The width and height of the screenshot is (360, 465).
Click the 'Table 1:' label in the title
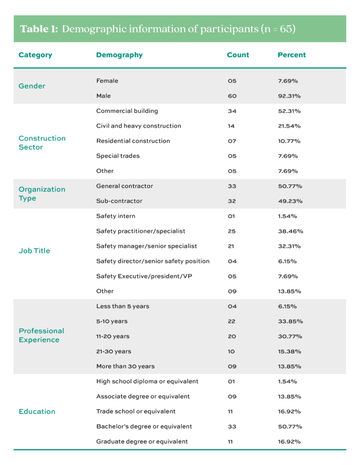point(39,29)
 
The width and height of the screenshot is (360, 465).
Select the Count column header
point(238,55)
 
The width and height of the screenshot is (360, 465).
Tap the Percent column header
point(291,55)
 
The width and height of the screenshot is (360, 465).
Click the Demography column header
point(119,55)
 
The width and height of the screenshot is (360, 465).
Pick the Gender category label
point(32,86)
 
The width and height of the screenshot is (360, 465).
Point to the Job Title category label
point(34,251)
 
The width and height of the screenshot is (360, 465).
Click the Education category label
point(37,411)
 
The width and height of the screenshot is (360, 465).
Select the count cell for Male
point(232,96)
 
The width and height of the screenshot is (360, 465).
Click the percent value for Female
point(289,81)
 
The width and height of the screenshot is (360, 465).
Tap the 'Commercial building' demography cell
point(127,111)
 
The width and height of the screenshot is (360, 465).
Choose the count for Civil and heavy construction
point(231,126)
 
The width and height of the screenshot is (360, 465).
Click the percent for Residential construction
point(289,141)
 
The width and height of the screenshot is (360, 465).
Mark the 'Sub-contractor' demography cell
point(119,201)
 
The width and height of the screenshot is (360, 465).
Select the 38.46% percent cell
point(290,231)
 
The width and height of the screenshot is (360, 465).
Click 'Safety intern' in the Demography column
point(115,216)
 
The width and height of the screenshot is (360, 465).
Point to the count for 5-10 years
point(232,321)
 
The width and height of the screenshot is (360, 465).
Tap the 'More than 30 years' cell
point(125,366)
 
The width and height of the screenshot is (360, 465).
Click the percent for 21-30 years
point(290,351)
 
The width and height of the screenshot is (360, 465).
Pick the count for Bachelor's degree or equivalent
point(232,426)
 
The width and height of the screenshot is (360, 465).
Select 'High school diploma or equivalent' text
point(147,381)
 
